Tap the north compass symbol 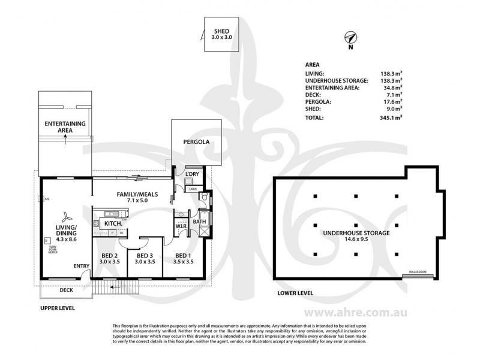(350, 38)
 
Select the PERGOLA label (196, 143)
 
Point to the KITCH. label (114, 223)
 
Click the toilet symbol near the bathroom (205, 197)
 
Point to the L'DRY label (192, 174)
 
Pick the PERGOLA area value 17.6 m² (392, 102)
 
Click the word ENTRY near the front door (81, 266)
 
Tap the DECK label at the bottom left (67, 290)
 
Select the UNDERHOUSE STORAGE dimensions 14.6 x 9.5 (356, 239)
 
